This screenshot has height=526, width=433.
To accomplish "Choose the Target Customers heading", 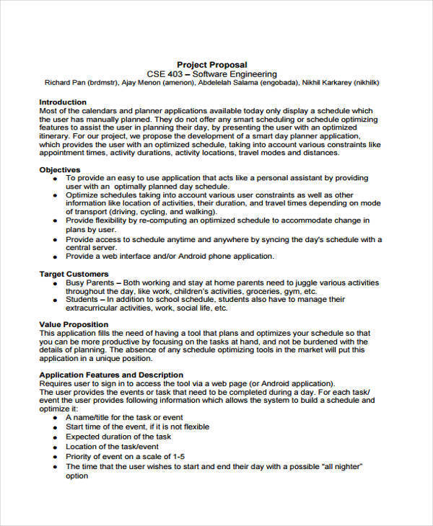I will click(x=74, y=274).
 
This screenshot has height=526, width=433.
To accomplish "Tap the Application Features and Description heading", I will click(x=110, y=375).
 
